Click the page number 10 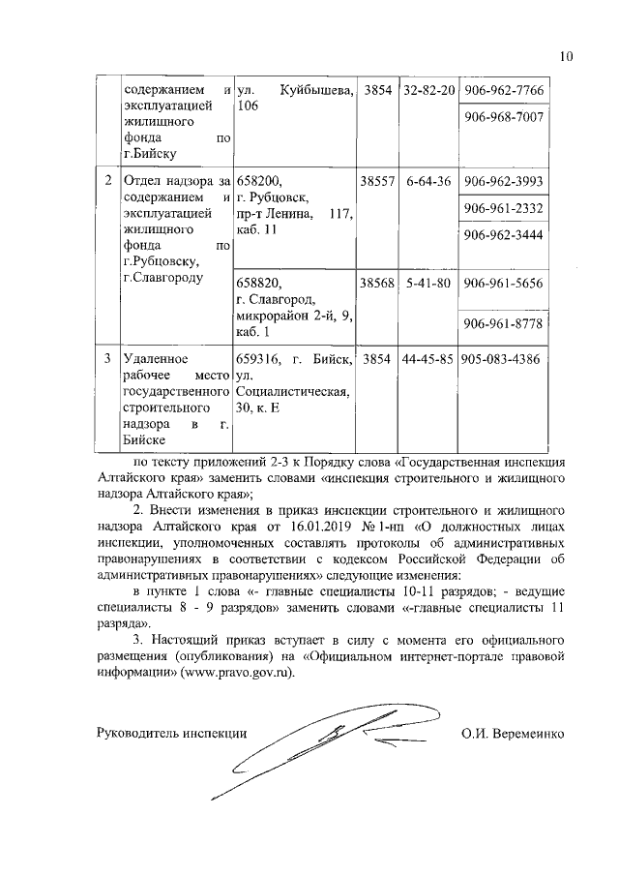(567, 56)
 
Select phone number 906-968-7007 (504, 117)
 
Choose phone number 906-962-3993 (504, 182)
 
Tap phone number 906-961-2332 (504, 209)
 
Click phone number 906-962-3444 (504, 235)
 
